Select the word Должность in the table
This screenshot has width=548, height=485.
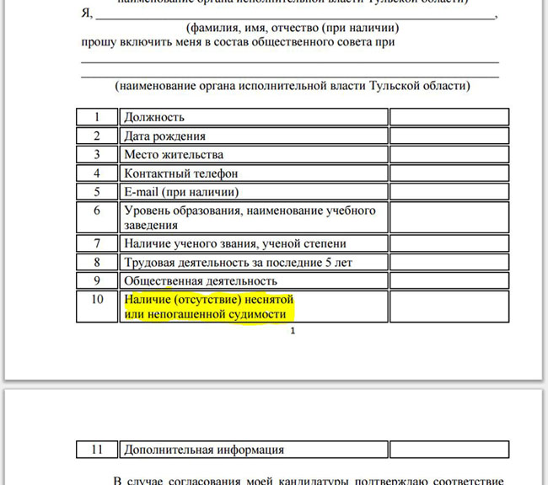click(154, 117)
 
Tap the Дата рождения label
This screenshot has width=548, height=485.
click(164, 136)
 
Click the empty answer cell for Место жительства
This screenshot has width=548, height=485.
click(449, 154)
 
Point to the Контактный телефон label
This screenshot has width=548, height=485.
click(180, 173)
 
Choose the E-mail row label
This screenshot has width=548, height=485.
click(175, 192)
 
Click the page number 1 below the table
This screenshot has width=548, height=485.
click(293, 332)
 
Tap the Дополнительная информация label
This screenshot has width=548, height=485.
click(204, 450)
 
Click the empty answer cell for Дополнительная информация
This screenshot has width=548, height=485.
click(449, 450)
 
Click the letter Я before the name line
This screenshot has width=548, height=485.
click(86, 14)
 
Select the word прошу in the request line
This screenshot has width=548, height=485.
click(99, 41)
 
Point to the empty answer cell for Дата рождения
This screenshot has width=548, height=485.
click(449, 136)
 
